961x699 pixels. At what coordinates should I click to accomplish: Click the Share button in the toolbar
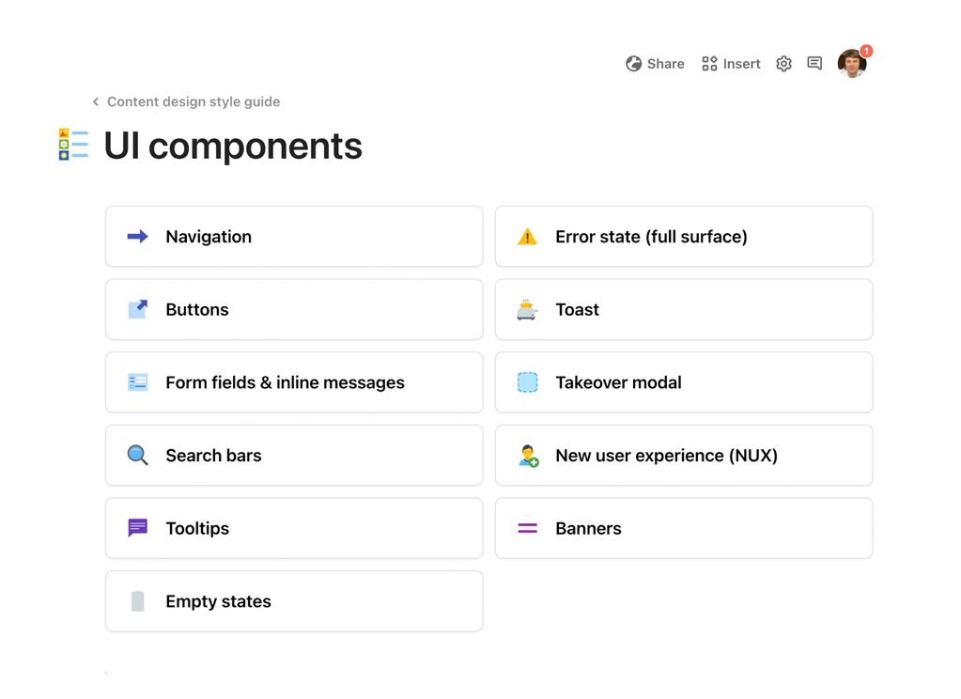[x=655, y=64]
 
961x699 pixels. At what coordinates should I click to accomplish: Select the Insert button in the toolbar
[x=731, y=64]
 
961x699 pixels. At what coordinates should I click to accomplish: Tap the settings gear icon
[x=783, y=64]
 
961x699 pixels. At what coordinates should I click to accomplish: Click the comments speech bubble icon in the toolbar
[x=814, y=64]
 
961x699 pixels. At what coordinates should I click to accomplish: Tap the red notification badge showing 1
[x=866, y=51]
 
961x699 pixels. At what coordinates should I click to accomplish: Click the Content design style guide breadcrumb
[x=194, y=101]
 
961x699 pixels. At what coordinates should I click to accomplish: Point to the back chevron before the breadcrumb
[x=95, y=101]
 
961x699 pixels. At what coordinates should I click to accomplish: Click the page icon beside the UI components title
[x=73, y=145]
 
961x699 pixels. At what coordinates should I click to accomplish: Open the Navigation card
[x=294, y=237]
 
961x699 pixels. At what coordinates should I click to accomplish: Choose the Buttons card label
[x=197, y=310]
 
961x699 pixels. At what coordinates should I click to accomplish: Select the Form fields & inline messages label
[x=285, y=382]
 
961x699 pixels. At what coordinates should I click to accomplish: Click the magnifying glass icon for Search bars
[x=138, y=456]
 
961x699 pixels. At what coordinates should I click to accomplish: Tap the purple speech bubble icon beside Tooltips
[x=138, y=528]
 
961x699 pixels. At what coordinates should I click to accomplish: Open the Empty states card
[x=294, y=601]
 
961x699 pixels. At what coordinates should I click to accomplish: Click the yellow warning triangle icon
[x=527, y=237]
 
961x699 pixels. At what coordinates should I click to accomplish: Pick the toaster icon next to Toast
[x=527, y=309]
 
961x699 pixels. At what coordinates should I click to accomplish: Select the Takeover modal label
[x=618, y=382]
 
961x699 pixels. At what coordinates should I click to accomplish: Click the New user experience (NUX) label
[x=666, y=456]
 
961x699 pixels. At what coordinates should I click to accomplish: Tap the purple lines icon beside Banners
[x=527, y=529]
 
